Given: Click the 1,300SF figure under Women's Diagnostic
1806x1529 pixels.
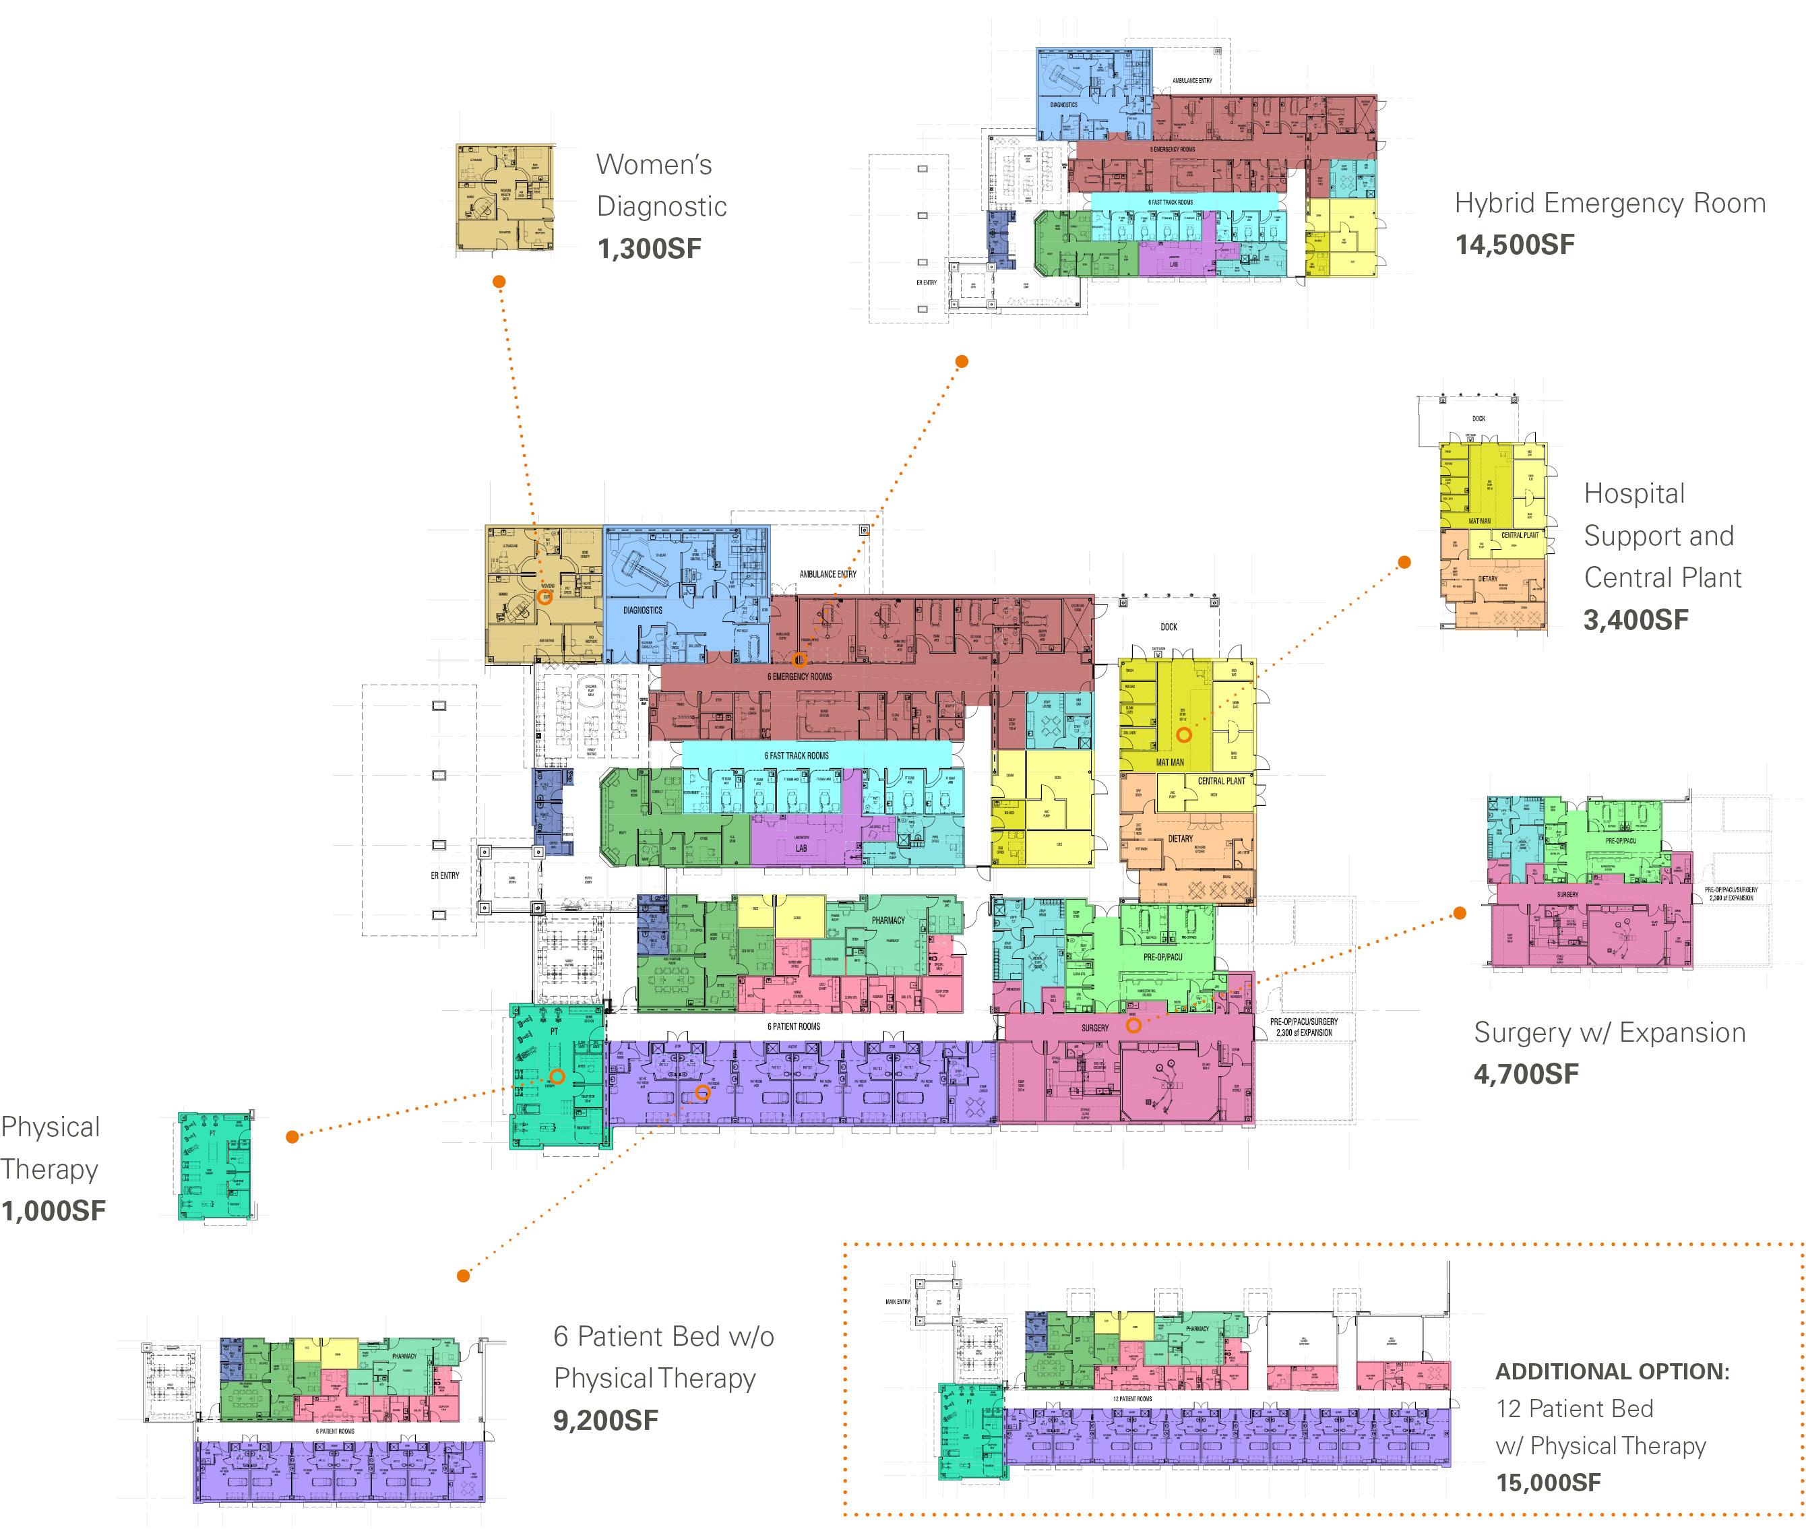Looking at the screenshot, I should coord(649,249).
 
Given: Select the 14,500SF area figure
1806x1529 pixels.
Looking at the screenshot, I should coord(1514,245).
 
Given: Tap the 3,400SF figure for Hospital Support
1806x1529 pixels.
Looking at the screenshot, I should coord(1636,620).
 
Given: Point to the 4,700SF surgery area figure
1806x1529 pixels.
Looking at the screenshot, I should coord(1526,1075).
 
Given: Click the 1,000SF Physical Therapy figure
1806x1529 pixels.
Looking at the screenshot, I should coord(54,1211).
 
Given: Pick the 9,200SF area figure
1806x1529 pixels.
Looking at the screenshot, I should coord(606,1420).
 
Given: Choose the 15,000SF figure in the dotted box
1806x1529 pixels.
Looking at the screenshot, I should coord(1548,1483).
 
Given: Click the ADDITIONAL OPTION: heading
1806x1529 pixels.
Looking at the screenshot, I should coord(1612,1372).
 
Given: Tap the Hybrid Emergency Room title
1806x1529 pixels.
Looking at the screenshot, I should coord(1609,203).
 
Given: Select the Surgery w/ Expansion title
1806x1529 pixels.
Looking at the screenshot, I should coord(1609,1032).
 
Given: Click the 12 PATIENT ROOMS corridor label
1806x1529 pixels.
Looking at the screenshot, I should coord(1133,1399).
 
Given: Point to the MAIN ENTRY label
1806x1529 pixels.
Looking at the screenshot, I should coord(898,1302).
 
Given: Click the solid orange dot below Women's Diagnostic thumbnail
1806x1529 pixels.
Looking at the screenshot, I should coord(499,282).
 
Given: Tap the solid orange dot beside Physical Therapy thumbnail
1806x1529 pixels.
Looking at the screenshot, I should coord(293,1136).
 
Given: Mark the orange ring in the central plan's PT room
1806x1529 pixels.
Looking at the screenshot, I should coord(557,1077).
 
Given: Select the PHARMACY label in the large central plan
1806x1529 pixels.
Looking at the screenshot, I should coord(888,920).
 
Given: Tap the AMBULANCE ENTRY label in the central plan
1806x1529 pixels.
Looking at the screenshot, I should coord(828,574).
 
